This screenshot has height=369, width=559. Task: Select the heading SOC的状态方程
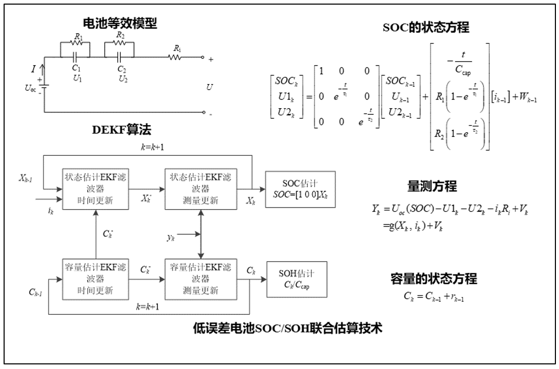[x=426, y=28]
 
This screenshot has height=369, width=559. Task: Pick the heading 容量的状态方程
[x=434, y=279]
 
